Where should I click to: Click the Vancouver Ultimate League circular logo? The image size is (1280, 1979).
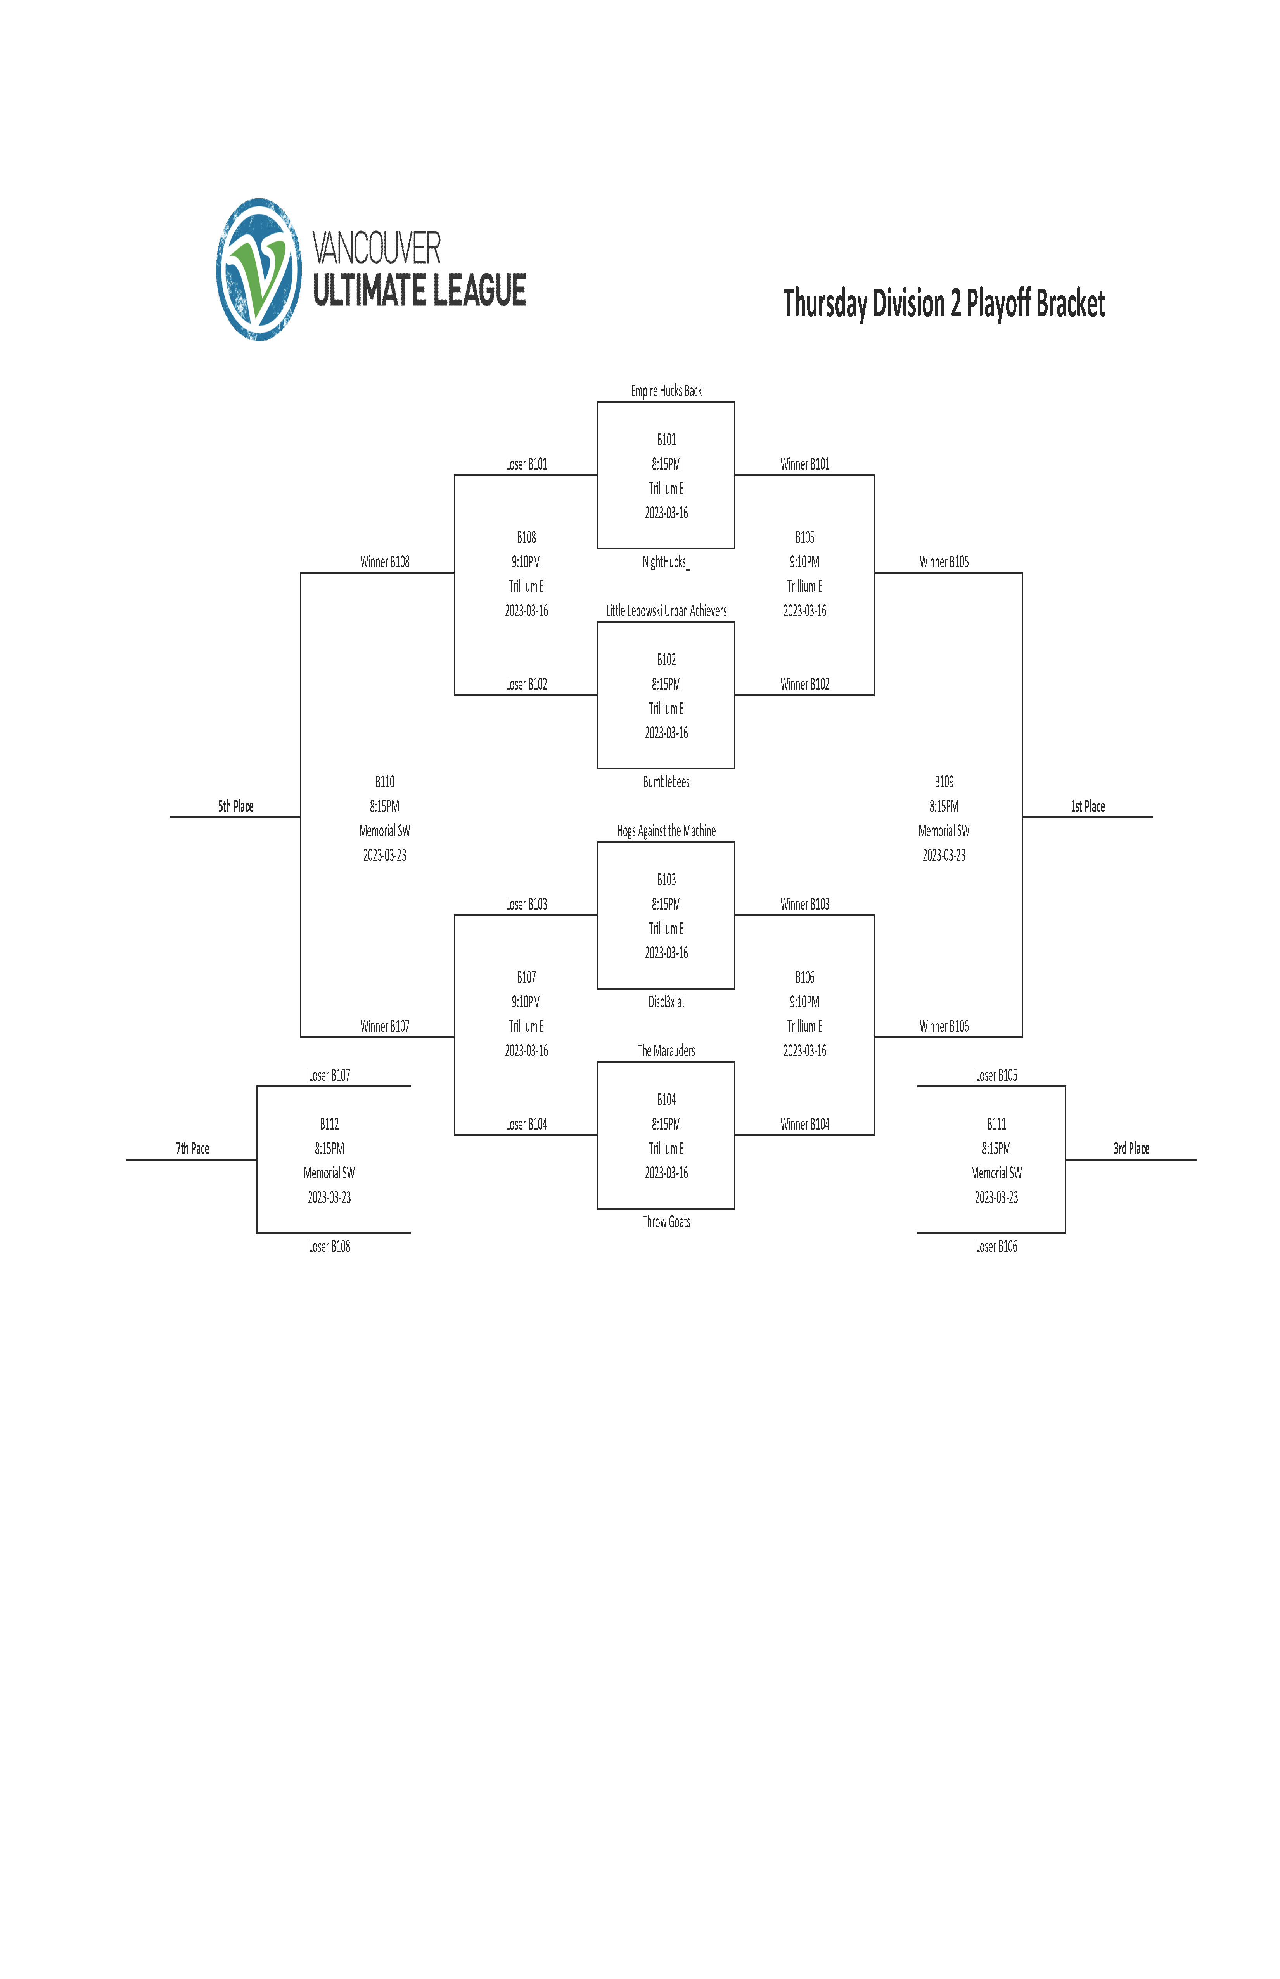coord(259,269)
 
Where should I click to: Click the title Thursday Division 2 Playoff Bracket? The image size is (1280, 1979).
coord(944,304)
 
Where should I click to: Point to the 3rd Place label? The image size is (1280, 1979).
coord(1131,1149)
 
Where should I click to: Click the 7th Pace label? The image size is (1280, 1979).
coord(192,1149)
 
